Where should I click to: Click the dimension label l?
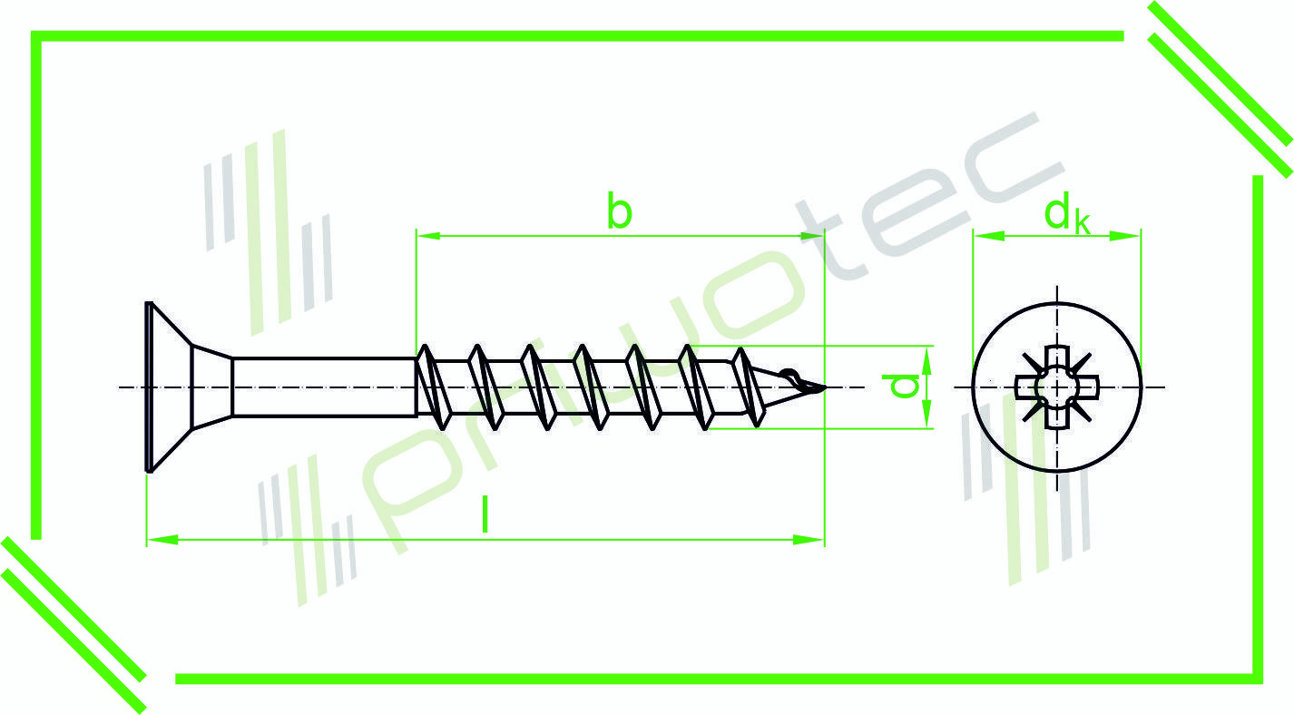pyautogui.click(x=485, y=514)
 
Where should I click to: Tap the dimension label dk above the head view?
pyautogui.click(x=1066, y=214)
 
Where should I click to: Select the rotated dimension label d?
pyautogui.click(x=900, y=386)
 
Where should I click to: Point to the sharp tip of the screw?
pyautogui.click(x=824, y=387)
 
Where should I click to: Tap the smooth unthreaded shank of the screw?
pyautogui.click(x=324, y=387)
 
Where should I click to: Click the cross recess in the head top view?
pyautogui.click(x=1056, y=387)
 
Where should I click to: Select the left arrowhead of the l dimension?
pyautogui.click(x=162, y=540)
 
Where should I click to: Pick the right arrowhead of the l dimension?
pyautogui.click(x=809, y=540)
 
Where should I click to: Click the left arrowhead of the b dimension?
pyautogui.click(x=428, y=236)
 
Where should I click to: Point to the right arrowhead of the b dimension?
pyautogui.click(x=811, y=236)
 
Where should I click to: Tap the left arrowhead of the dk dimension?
pyautogui.click(x=989, y=236)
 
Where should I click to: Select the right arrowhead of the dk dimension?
pyautogui.click(x=1125, y=236)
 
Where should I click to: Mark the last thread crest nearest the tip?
pyautogui.click(x=750, y=387)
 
